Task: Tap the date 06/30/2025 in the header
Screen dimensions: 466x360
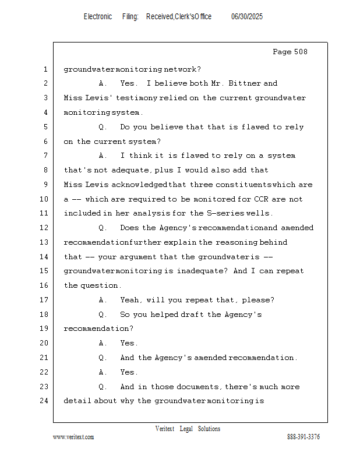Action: pyautogui.click(x=247, y=17)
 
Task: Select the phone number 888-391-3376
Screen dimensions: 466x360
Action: pyautogui.click(x=303, y=437)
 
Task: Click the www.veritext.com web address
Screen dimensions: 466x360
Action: pyautogui.click(x=73, y=437)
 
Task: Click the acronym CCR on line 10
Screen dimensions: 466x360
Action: pyautogui.click(x=262, y=199)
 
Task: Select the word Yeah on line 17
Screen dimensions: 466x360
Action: pyautogui.click(x=130, y=300)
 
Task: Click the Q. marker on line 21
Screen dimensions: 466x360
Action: pyautogui.click(x=103, y=358)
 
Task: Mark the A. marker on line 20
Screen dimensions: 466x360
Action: pyautogui.click(x=103, y=343)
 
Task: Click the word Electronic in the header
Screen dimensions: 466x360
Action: pyautogui.click(x=98, y=17)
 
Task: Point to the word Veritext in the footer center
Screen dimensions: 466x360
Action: pyautogui.click(x=165, y=429)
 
